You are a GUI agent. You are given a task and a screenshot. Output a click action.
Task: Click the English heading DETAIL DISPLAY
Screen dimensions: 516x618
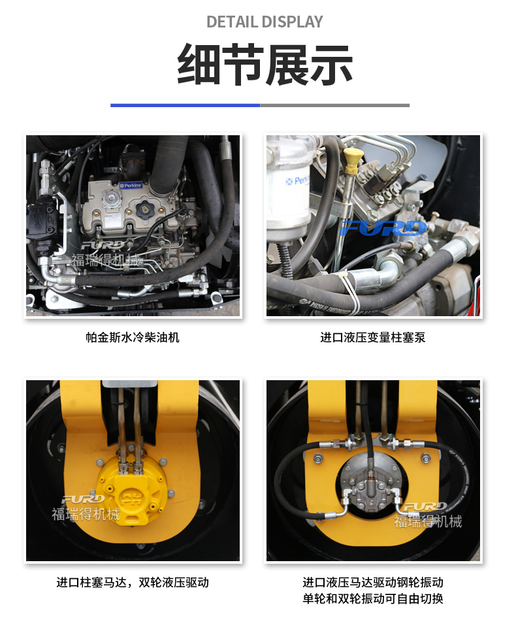click(x=265, y=22)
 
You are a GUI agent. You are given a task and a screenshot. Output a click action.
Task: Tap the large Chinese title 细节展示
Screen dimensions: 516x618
click(x=265, y=64)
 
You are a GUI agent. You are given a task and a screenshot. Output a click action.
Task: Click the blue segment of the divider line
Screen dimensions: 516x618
click(x=185, y=105)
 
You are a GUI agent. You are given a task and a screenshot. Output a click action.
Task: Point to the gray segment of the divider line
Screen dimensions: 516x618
click(x=334, y=105)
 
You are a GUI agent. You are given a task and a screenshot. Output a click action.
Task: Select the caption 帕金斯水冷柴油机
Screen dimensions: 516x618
click(x=133, y=337)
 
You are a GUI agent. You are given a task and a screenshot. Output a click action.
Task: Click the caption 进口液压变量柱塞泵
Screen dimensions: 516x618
click(x=372, y=337)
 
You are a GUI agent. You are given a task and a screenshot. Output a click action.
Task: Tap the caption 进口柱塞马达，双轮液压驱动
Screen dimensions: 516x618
click(x=133, y=582)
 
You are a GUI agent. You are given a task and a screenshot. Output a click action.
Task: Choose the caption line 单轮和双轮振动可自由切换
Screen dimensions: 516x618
click(x=373, y=598)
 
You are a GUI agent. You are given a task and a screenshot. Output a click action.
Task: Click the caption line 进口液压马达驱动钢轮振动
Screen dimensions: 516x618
click(x=373, y=582)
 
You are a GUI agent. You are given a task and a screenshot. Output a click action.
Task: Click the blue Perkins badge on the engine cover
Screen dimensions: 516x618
click(x=131, y=185)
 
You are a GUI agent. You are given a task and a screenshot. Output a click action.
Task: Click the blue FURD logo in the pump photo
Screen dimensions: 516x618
click(x=383, y=228)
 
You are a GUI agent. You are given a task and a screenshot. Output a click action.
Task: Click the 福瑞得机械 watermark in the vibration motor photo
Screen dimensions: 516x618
click(x=428, y=521)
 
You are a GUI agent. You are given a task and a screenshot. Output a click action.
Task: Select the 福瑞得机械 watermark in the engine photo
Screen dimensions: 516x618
click(x=106, y=261)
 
